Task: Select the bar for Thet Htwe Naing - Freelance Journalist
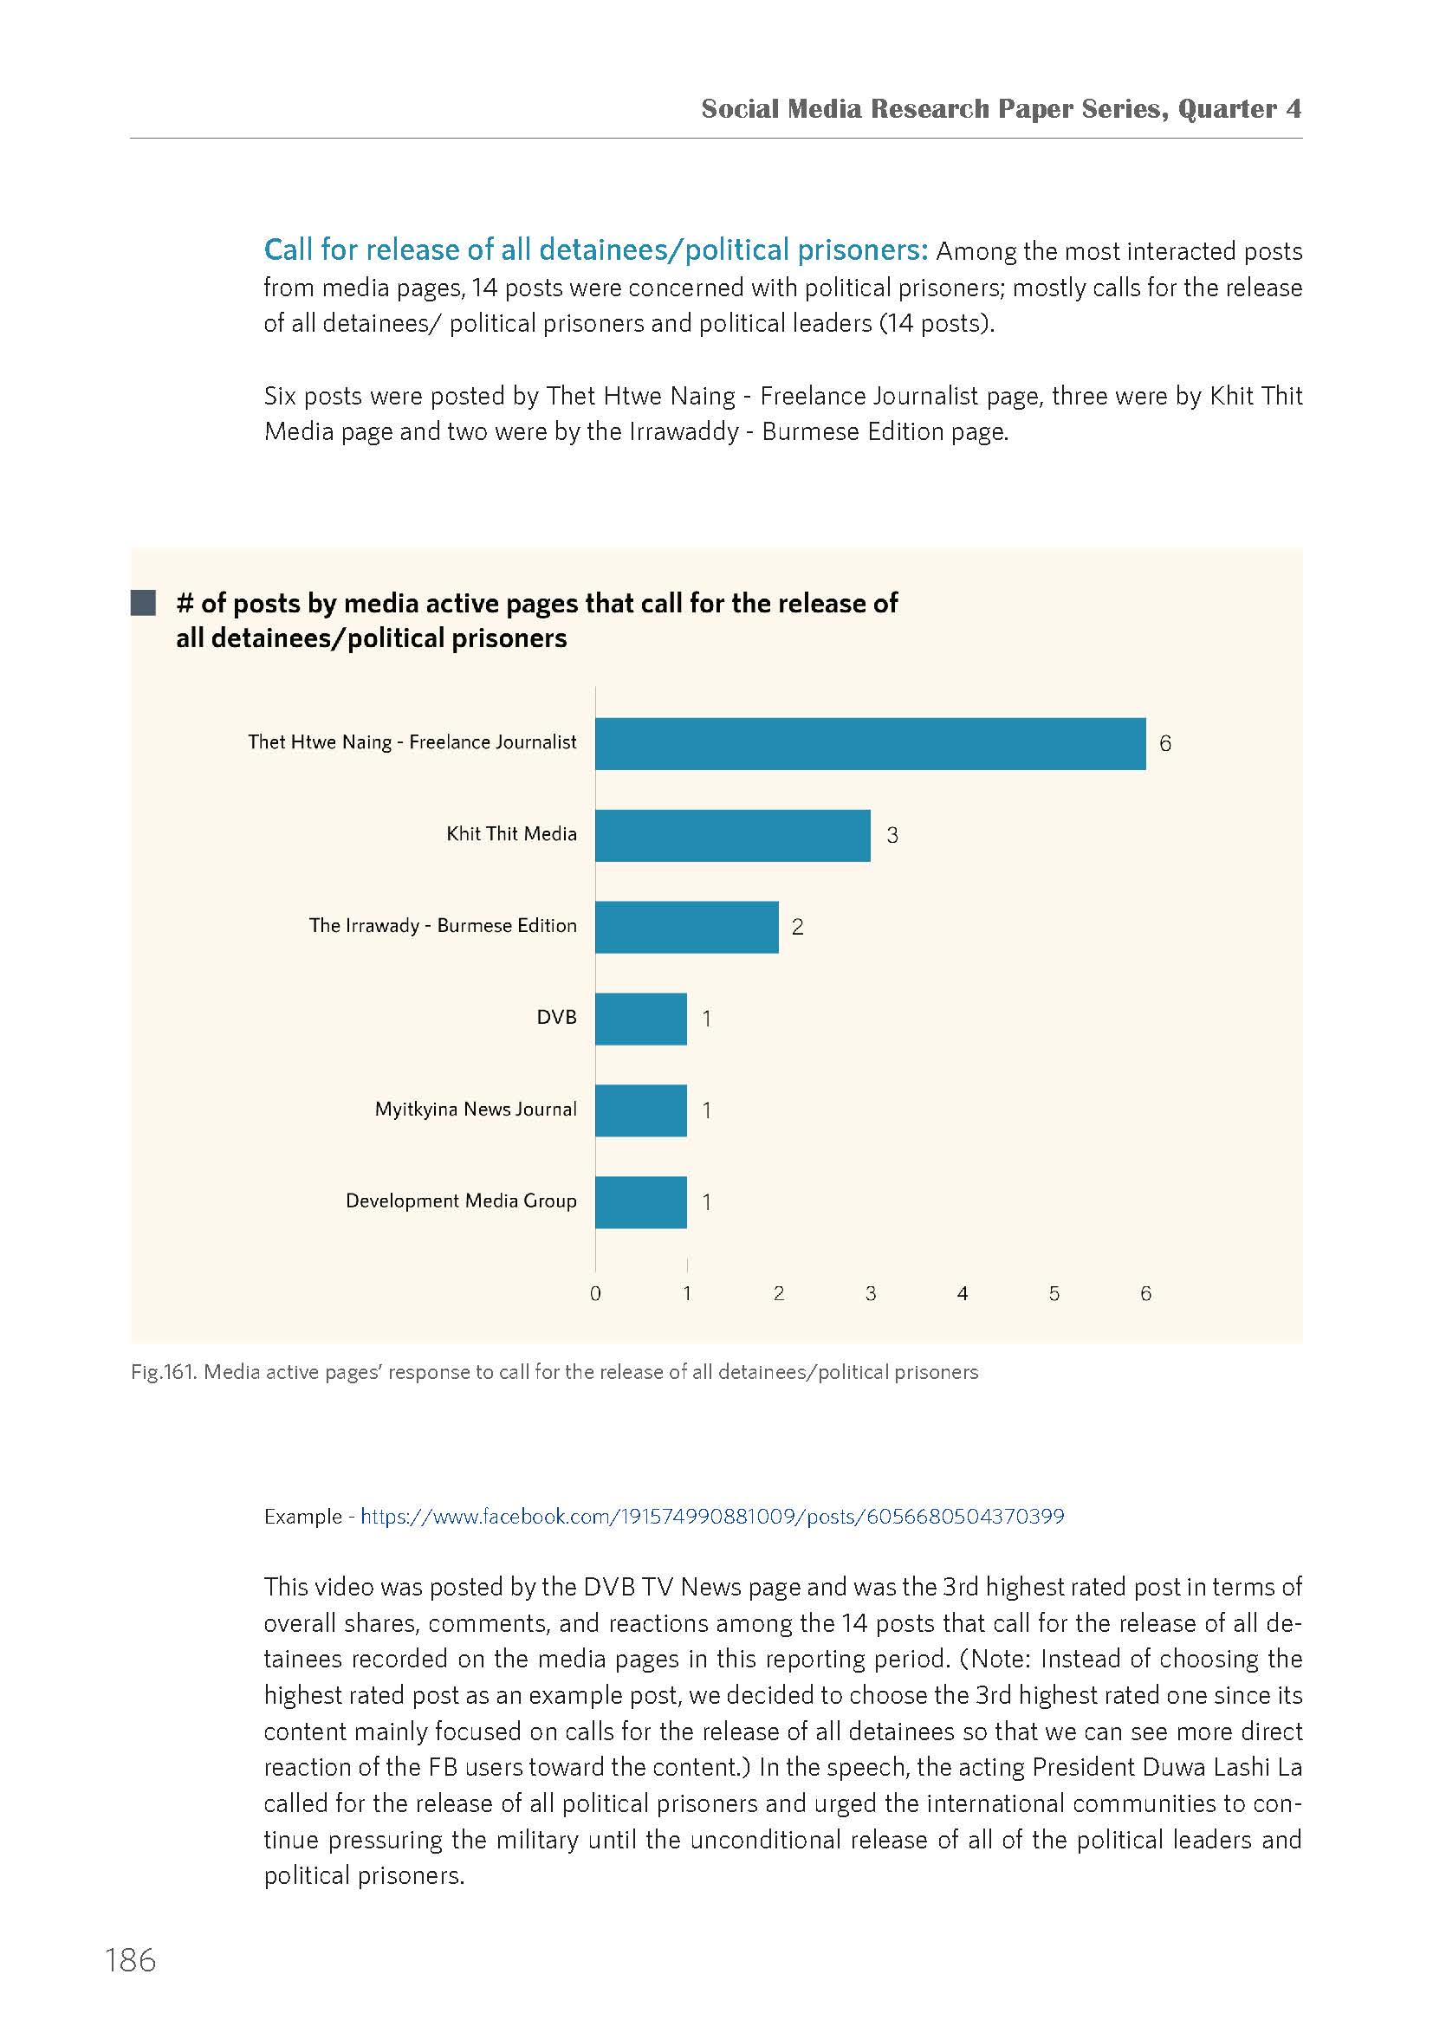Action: pos(870,744)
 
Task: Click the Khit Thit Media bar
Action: pos(732,836)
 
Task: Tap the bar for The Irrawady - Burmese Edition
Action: pos(686,928)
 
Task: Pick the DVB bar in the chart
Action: pos(640,1019)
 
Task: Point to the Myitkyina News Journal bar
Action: pos(640,1111)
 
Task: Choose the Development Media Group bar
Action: pos(640,1203)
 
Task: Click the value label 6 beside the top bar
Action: pos(1164,744)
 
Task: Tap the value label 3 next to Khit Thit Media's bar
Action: pos(892,836)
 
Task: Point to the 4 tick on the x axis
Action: pos(963,1293)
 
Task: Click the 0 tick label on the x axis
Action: pos(595,1293)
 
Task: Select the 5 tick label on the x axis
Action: pos(1054,1293)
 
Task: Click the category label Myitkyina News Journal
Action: pos(476,1110)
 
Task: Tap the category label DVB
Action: pos(557,1018)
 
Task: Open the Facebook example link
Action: pos(713,1517)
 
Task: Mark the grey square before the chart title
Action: pos(143,604)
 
